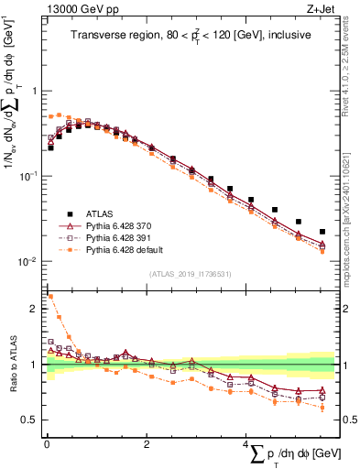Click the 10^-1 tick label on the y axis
29,176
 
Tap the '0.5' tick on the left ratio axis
32,420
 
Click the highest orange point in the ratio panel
50,297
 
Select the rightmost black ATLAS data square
322,232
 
